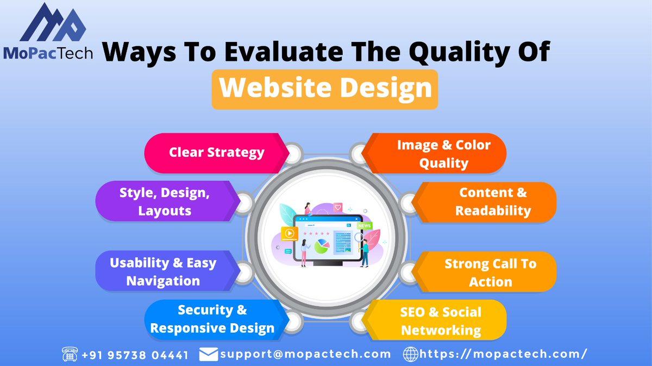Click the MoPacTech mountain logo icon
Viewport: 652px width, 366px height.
[53, 23]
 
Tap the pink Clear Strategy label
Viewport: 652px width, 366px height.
[216, 153]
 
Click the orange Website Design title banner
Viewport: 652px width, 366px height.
[324, 89]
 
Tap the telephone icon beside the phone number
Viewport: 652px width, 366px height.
[70, 355]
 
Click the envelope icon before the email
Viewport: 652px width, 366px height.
[209, 355]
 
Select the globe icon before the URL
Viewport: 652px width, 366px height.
[410, 355]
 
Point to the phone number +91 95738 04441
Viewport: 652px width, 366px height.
[135, 355]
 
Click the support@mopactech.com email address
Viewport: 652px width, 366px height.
[305, 355]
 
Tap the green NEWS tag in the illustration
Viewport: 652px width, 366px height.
[364, 225]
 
